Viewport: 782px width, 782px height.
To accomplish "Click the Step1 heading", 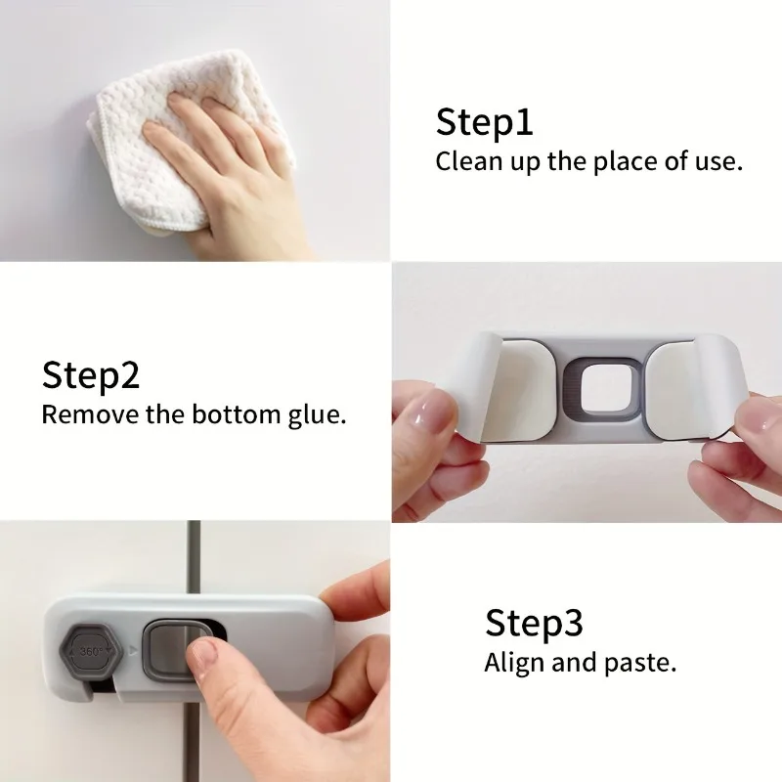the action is click(484, 122).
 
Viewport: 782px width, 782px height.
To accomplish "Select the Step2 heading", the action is click(90, 375).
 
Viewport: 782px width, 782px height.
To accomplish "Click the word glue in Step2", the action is click(316, 415).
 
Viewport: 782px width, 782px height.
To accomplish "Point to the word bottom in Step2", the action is click(237, 413).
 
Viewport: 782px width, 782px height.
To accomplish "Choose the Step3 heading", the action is click(534, 623).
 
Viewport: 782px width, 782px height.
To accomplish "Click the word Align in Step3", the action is click(515, 664).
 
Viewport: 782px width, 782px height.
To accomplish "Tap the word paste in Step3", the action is click(640, 664).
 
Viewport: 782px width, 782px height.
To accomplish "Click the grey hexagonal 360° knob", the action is click(91, 652).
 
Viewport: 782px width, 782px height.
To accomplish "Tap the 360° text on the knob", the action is click(91, 651).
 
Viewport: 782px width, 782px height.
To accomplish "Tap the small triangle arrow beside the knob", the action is click(133, 650).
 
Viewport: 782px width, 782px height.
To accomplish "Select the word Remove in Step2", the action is click(91, 414).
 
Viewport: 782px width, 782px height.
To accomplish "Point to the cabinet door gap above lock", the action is click(194, 557).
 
